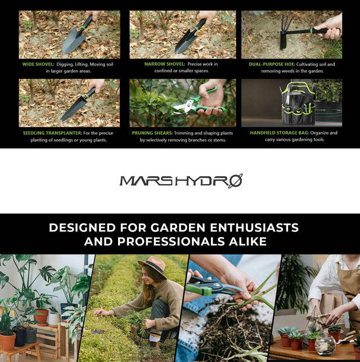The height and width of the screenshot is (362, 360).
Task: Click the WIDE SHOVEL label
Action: pos(38,64)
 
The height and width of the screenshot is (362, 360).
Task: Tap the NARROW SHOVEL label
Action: pos(165,64)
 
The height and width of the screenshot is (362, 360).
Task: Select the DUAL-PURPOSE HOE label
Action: pos(272,64)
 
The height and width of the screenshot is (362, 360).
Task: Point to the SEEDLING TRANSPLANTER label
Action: pos(52,133)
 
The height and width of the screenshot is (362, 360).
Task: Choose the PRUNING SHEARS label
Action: pos(152,133)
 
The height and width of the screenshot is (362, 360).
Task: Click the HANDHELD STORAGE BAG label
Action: pos(280,133)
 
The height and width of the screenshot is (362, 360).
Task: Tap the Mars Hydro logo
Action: pos(181,181)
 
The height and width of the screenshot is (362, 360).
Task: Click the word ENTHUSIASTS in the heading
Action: pos(254,227)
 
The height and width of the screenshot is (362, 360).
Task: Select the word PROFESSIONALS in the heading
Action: pos(171,242)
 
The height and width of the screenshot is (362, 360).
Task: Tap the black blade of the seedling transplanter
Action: pos(73,109)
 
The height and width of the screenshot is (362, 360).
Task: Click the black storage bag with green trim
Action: pos(298,104)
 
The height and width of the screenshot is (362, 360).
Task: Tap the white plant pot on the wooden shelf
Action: pos(54,320)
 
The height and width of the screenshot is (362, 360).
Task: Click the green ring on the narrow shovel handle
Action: pos(197,29)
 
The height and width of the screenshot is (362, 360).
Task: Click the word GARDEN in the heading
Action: pos(178,227)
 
